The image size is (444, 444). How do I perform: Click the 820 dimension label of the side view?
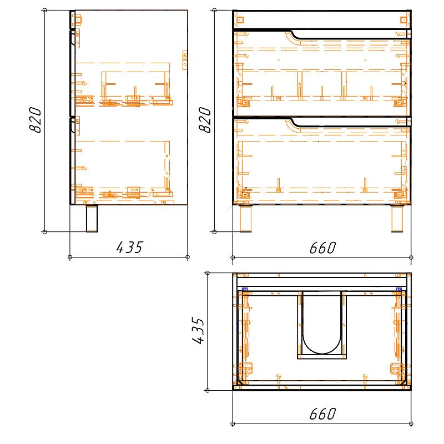pos(36,120)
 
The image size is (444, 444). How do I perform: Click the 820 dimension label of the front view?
pos(205,120)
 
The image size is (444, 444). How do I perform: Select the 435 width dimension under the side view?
pos(130,247)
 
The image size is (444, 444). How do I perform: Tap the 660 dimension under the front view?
pos(322,248)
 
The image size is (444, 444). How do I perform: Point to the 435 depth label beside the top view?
pos(198,330)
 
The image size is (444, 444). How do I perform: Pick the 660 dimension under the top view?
pos(322,414)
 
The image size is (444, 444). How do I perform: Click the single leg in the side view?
pos(92,219)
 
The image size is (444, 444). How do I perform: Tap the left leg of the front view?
pos(245,219)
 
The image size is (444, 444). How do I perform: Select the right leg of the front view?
pos(397,219)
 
